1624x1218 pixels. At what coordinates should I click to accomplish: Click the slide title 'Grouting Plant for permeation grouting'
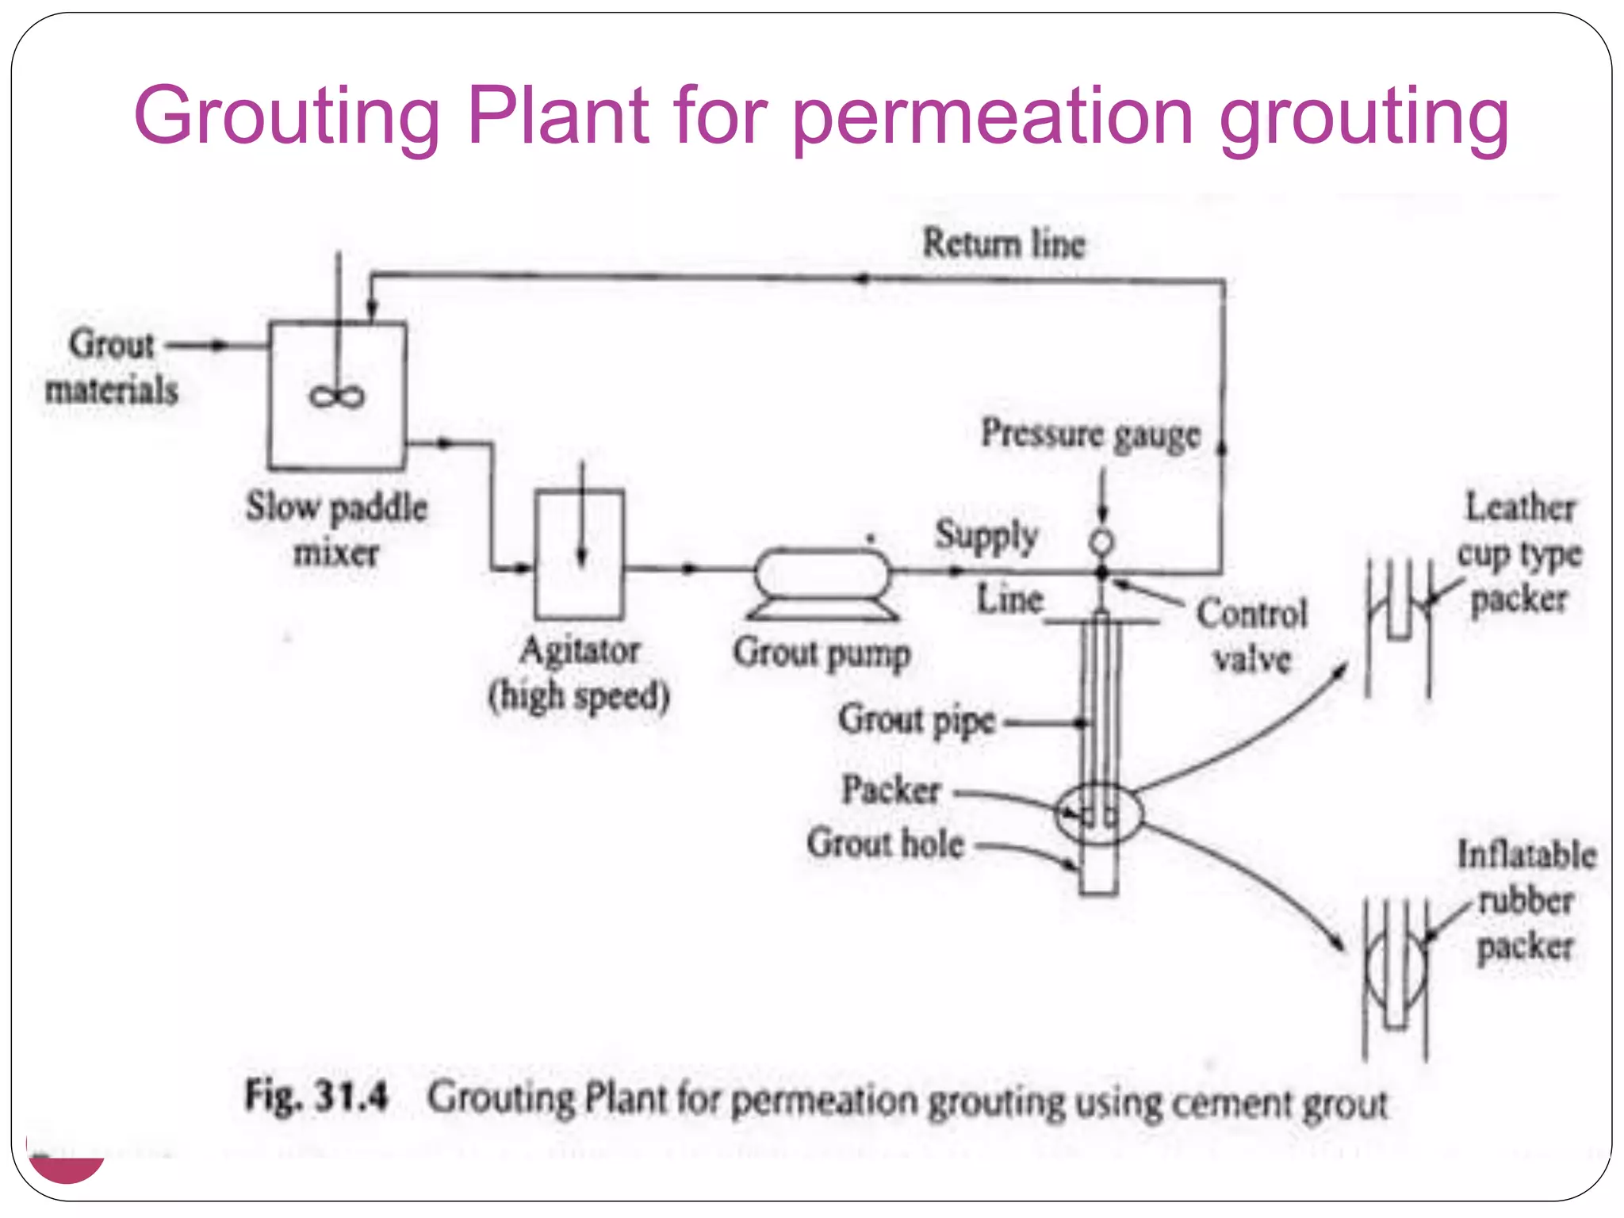point(821,117)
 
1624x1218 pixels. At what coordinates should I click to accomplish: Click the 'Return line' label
point(1003,243)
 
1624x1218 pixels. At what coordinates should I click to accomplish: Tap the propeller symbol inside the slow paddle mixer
point(337,396)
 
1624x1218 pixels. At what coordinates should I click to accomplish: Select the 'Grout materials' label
point(112,367)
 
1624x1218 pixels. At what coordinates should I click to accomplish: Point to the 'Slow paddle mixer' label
point(336,529)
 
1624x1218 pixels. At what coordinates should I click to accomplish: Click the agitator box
point(579,555)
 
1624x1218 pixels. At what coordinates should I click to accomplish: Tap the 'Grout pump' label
point(822,654)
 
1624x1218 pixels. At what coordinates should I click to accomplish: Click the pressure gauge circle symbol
point(1101,542)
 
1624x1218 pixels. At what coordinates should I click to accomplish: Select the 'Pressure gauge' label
point(1090,435)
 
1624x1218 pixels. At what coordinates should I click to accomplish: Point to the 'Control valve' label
point(1252,636)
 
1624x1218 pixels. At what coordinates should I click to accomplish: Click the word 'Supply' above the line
point(986,535)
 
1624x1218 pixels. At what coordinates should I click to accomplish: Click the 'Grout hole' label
point(886,844)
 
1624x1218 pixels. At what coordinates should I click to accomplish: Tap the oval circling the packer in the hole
point(1099,814)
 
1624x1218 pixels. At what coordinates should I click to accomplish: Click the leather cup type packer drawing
point(1398,626)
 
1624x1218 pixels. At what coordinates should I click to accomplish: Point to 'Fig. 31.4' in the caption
point(316,1097)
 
